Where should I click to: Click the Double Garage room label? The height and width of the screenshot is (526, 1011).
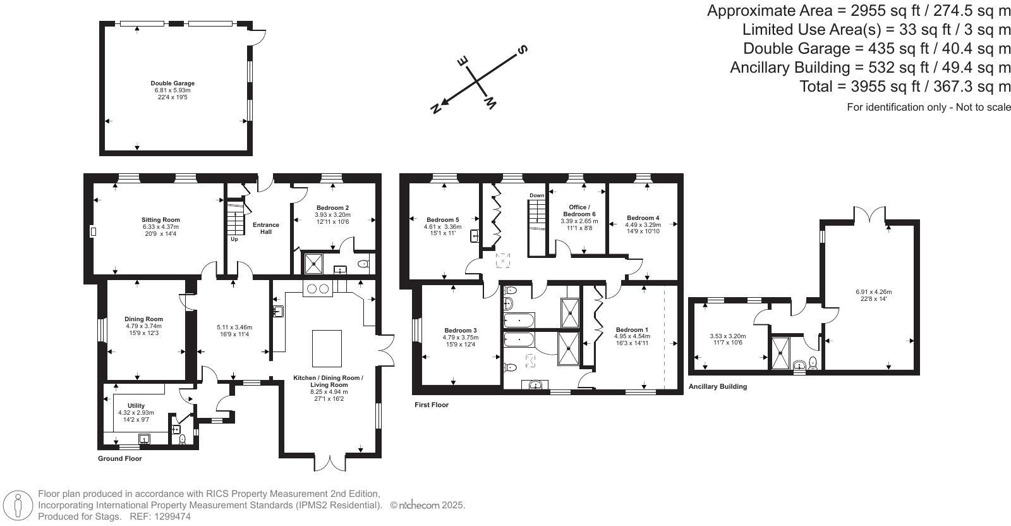point(173,83)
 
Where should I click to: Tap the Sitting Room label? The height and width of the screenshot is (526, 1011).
point(160,220)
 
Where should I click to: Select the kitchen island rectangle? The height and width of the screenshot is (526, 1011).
point(327,348)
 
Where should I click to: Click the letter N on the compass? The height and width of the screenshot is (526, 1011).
point(435,108)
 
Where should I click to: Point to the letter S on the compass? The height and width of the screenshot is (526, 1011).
point(522,49)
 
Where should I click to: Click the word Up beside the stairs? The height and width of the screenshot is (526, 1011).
point(234,239)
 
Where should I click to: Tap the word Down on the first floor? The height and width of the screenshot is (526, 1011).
point(536,195)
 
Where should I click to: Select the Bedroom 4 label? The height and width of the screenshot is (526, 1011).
point(643,217)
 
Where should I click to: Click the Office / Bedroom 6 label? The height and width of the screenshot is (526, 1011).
point(579,211)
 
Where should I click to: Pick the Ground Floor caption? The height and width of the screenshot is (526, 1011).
point(119,458)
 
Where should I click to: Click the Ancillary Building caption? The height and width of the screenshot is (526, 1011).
point(718,386)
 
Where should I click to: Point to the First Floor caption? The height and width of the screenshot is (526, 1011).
point(432,405)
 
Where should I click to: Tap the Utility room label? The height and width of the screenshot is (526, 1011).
point(136,405)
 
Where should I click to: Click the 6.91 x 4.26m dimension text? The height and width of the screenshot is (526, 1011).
point(874,291)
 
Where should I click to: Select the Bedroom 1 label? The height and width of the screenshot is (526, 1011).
point(632,329)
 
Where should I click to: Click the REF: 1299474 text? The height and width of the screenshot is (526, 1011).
point(160,517)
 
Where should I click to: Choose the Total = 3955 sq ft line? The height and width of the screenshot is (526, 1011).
point(904,86)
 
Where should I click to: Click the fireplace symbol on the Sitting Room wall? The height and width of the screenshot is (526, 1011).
point(94,231)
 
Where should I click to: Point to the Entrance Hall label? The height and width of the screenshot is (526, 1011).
point(266,228)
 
